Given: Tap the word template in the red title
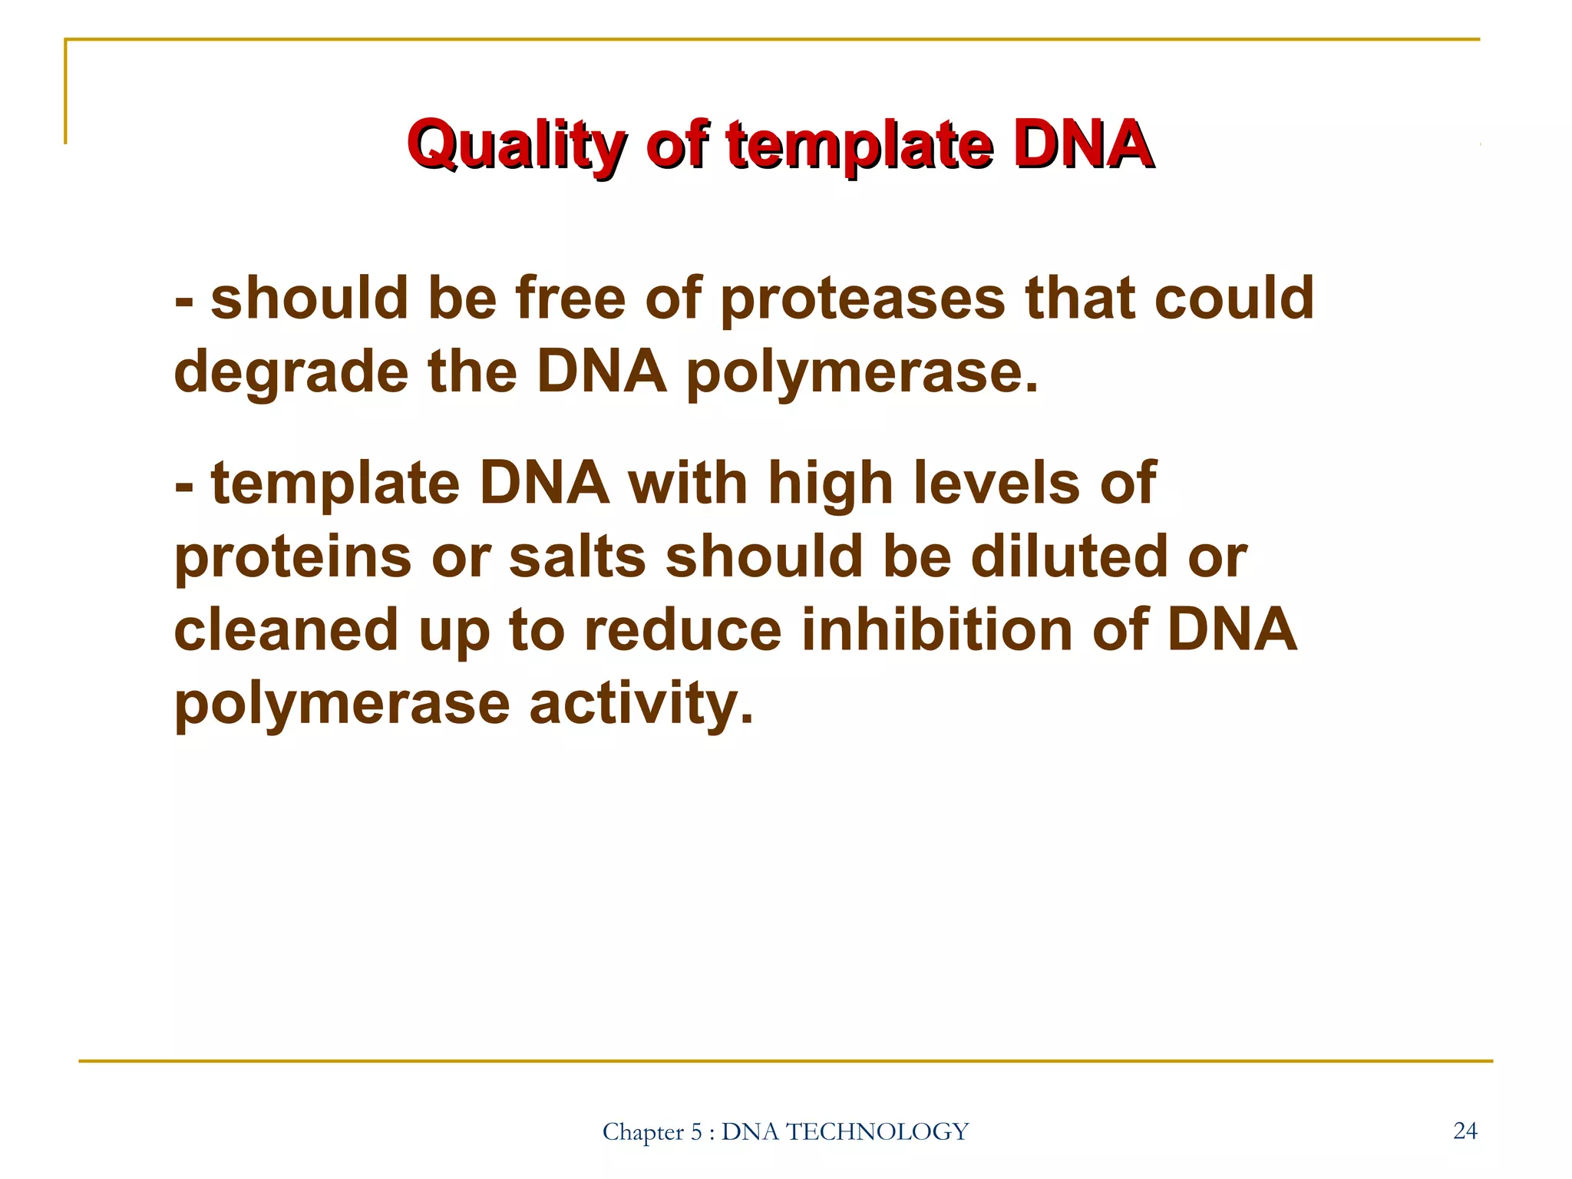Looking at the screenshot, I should click(x=860, y=146).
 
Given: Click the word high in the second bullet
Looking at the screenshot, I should click(x=831, y=485).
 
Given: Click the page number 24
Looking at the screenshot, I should click(x=1465, y=1131).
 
